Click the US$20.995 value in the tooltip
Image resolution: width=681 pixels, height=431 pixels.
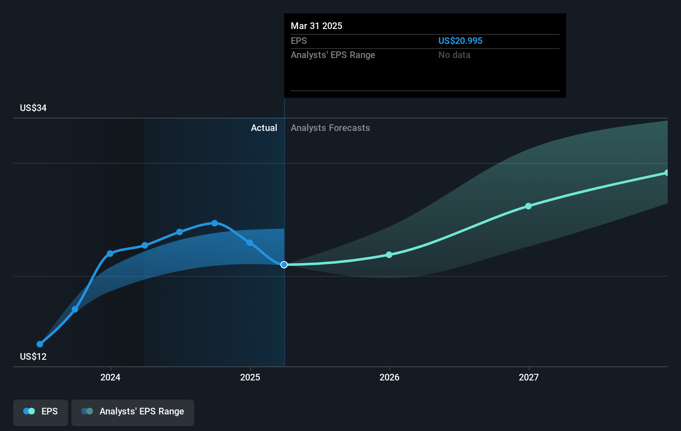click(460, 41)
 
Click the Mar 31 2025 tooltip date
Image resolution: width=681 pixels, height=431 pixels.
click(316, 26)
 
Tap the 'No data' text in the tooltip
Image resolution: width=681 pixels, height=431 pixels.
click(454, 55)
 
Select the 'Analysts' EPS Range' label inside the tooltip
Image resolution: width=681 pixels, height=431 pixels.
click(333, 55)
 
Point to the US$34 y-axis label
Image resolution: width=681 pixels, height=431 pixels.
click(33, 108)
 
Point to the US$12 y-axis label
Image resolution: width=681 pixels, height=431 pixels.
click(33, 356)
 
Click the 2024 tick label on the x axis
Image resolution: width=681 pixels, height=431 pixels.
click(110, 377)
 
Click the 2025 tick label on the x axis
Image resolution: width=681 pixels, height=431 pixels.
click(250, 377)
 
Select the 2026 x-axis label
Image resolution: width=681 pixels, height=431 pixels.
click(389, 377)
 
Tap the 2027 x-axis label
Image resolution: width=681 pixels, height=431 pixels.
click(529, 377)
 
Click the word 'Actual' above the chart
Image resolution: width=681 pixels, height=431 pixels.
click(264, 128)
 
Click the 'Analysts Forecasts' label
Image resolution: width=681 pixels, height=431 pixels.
click(330, 128)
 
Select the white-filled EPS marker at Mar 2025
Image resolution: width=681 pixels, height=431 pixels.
click(284, 264)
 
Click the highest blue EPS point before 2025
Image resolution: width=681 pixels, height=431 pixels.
click(214, 223)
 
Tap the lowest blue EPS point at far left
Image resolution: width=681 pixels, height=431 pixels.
click(40, 344)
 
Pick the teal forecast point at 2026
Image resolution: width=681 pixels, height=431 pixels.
click(389, 254)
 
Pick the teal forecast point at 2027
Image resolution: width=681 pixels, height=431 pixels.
click(528, 206)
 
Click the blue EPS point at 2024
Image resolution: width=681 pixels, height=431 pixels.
click(110, 253)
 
